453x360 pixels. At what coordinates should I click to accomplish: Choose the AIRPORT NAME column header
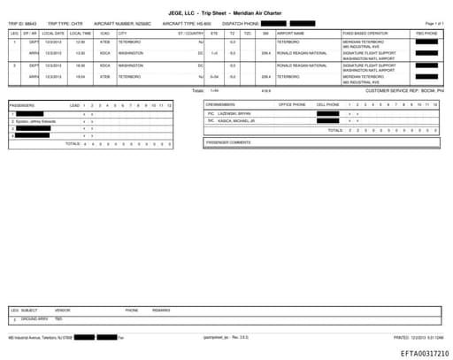tap(290, 32)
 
